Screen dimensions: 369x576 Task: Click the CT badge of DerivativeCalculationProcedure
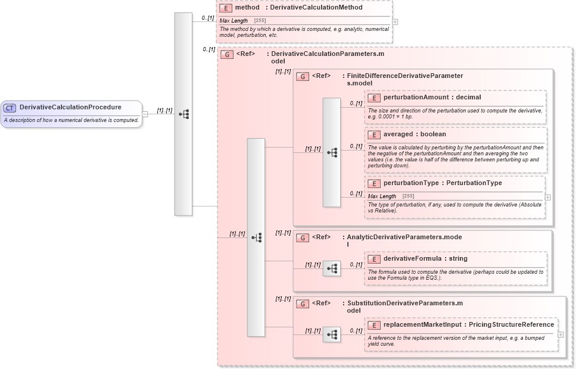[10, 108]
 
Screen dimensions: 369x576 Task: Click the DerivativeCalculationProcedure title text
[70, 107]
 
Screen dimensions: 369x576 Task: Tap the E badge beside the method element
[225, 8]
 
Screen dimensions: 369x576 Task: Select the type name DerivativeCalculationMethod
[316, 8]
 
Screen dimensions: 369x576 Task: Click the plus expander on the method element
[395, 22]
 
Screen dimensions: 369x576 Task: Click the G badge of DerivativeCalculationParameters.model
[226, 54]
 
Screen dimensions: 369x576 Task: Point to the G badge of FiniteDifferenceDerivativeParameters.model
[303, 76]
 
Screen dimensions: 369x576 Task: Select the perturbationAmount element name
[417, 97]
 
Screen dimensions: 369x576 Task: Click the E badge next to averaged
[374, 135]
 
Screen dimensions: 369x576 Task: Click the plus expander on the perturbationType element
[548, 197]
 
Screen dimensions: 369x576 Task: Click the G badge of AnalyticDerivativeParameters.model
[303, 237]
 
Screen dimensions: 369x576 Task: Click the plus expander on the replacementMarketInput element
[561, 334]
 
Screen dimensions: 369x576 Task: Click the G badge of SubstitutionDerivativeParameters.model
[303, 304]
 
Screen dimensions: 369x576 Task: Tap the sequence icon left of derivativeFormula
[332, 268]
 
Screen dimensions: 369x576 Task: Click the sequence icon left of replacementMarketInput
[332, 334]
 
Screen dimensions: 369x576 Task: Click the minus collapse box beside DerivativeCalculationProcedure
[145, 114]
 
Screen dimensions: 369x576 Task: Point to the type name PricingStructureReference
[511, 324]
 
